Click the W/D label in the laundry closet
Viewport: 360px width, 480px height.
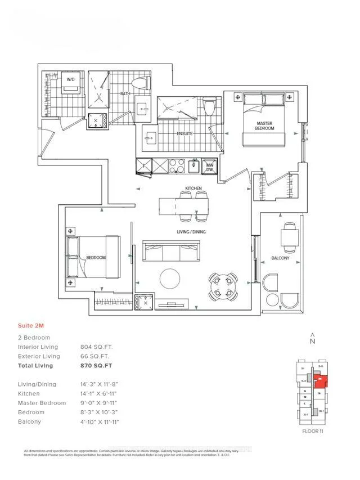point(71,80)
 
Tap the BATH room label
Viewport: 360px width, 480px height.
point(125,94)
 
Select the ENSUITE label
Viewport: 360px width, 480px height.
point(184,133)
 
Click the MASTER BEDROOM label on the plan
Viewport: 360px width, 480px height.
point(265,125)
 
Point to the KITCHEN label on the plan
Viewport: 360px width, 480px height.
point(193,188)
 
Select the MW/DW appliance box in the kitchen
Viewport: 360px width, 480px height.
point(209,167)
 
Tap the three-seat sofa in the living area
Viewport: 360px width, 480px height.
point(170,252)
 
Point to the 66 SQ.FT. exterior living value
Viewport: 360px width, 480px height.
point(95,356)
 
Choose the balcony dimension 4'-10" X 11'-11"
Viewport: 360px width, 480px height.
point(100,421)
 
